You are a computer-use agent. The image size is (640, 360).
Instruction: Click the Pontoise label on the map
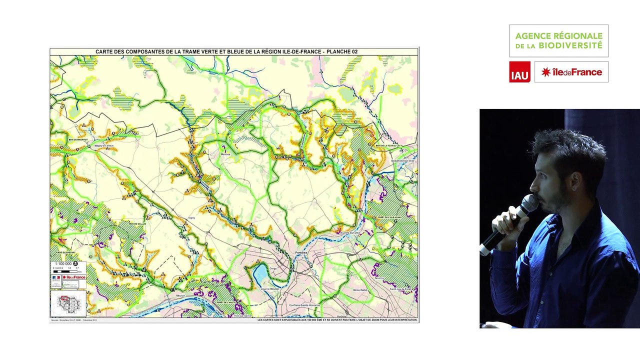[x=301, y=252]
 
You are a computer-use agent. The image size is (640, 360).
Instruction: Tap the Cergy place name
[x=273, y=268]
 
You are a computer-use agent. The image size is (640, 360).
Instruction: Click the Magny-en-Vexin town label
[x=104, y=146]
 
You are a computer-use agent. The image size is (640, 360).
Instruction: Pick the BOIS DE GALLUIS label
[x=137, y=224]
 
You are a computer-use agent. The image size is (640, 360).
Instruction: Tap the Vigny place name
[x=191, y=218]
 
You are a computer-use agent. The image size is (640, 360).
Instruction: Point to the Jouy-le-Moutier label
[x=270, y=289]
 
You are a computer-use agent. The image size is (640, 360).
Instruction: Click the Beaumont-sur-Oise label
[x=403, y=160]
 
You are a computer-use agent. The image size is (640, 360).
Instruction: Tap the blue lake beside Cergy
[x=261, y=274]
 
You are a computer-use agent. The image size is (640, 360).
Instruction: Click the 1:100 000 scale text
[x=62, y=263]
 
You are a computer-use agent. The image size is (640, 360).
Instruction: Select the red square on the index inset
[x=64, y=298]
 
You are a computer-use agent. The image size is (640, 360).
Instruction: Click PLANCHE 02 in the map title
[x=342, y=51]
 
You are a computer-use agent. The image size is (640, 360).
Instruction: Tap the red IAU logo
[x=519, y=72]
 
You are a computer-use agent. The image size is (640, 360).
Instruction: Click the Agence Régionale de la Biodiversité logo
[x=558, y=40]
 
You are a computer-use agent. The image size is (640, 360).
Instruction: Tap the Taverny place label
[x=379, y=278]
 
